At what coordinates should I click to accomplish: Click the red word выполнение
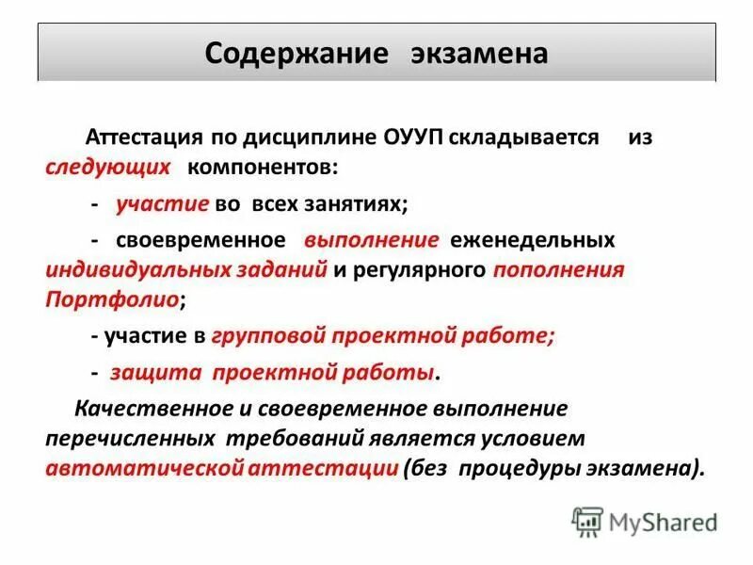(371, 239)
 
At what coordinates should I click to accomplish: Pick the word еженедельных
(532, 239)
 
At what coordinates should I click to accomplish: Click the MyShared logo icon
(587, 520)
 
